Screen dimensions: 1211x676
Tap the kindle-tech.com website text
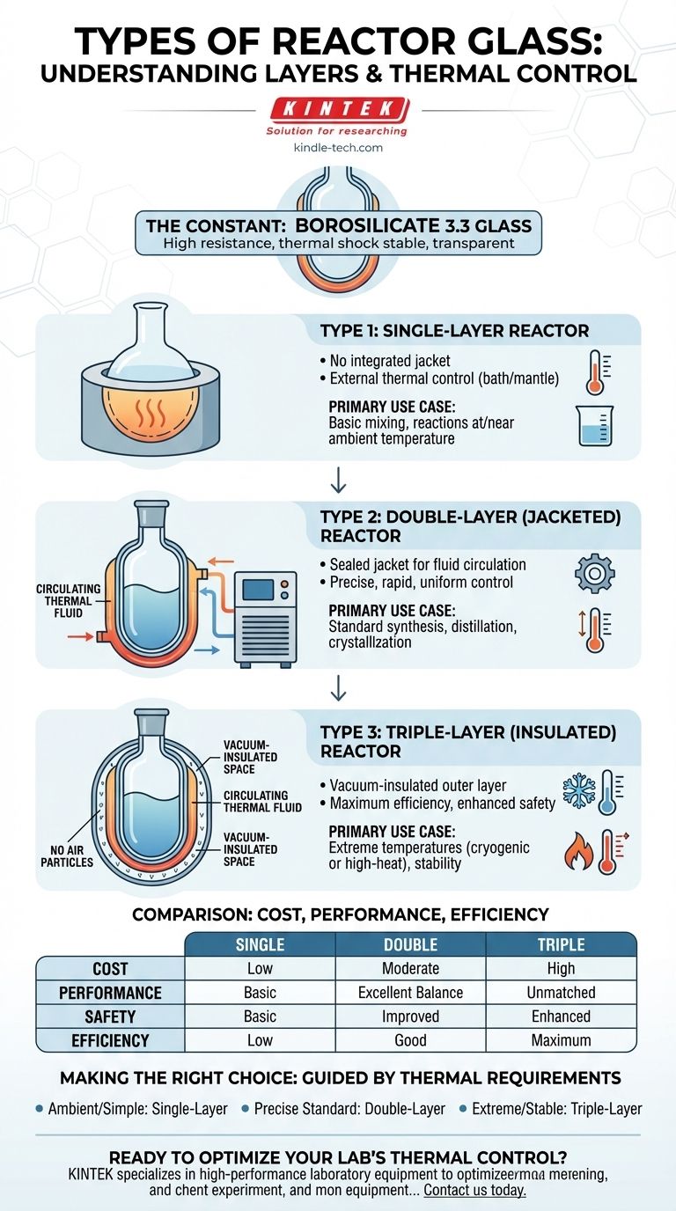click(x=338, y=148)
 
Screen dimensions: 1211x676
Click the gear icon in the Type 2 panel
click(x=594, y=573)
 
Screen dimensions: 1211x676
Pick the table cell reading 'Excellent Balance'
click(x=410, y=993)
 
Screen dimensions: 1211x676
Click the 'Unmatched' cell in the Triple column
click(x=561, y=993)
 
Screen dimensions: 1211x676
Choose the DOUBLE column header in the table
click(x=410, y=944)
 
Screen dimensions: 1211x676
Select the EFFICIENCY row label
click(x=110, y=1040)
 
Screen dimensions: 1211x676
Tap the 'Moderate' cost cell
click(x=410, y=968)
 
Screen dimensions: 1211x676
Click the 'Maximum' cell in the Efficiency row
click(x=561, y=1040)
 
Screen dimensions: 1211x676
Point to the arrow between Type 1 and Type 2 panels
click(x=338, y=483)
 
